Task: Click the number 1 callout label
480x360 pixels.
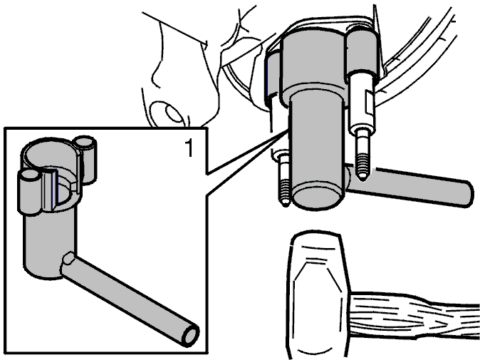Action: pos(189,148)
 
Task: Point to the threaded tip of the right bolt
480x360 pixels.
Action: pos(362,165)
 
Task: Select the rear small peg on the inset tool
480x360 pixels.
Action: pos(85,159)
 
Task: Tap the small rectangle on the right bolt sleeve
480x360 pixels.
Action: pos(370,103)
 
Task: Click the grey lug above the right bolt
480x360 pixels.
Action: pos(362,52)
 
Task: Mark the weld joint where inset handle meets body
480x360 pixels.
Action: pos(68,259)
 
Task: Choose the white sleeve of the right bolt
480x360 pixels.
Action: pos(362,101)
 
